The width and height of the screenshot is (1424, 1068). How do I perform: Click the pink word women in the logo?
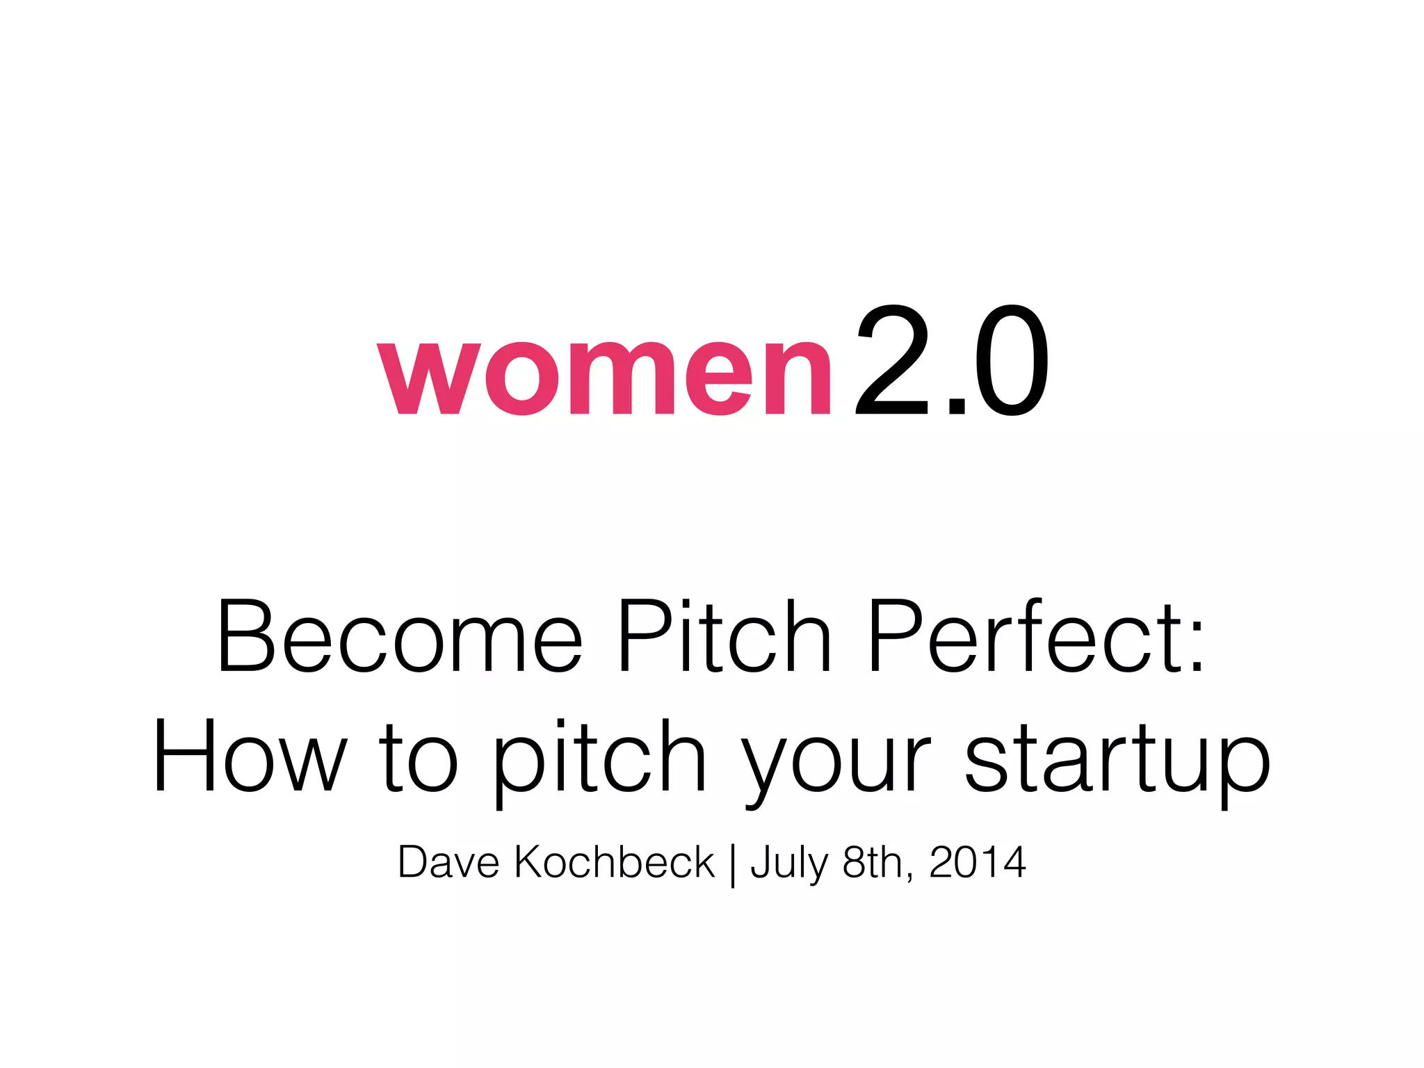[604, 377]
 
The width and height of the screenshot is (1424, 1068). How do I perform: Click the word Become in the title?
[399, 636]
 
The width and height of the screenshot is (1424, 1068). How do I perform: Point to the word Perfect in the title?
[1019, 636]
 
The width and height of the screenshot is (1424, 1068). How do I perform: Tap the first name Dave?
[448, 862]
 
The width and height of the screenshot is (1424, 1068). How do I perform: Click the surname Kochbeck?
[615, 862]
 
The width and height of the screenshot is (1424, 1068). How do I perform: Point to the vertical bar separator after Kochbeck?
[733, 864]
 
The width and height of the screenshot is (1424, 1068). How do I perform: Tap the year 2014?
[977, 862]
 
